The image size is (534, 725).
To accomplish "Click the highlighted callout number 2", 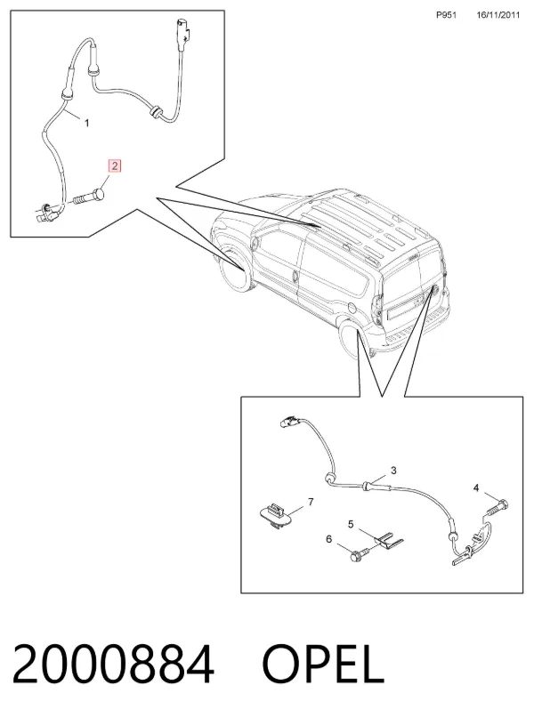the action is (114, 165).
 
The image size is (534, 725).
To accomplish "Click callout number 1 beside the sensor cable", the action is (86, 123).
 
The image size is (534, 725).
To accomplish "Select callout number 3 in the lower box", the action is (393, 471).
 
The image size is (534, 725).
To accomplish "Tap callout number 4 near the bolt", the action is (476, 487).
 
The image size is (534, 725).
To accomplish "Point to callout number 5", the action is (351, 524).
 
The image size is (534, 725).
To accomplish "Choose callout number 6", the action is (329, 539).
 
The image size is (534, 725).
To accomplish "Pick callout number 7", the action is (311, 502).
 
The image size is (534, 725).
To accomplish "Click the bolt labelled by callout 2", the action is (89, 197).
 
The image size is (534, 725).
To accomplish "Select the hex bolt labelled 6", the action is (360, 554).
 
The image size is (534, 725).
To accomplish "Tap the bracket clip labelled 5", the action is (388, 541).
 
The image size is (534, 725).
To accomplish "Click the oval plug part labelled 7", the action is (275, 515).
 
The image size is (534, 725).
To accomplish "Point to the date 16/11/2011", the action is (498, 15).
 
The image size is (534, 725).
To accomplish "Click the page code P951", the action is (446, 15).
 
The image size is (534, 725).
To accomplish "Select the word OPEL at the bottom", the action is (323, 665).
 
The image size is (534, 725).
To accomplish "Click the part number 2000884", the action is (112, 665).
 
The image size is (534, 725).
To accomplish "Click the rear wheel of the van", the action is (350, 340).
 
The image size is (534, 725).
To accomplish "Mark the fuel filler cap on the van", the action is (351, 308).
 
